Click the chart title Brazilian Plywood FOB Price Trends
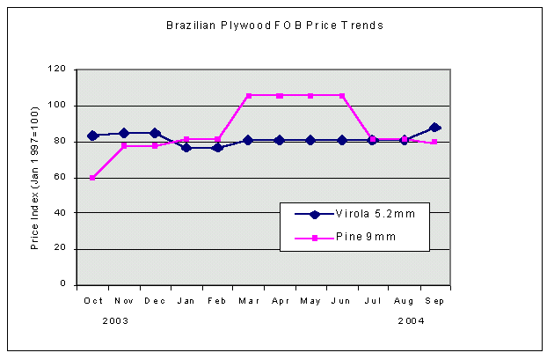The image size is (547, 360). point(273,26)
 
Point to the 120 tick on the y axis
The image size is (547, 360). point(58,69)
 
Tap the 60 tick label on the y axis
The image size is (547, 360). point(61,177)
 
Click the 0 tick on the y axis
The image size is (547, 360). point(63,285)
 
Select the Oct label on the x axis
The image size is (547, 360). point(92,301)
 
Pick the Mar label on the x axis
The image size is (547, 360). point(248,301)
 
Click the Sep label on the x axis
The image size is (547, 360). point(434,301)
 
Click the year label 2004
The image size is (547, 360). point(411,321)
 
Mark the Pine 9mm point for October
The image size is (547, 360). point(92,178)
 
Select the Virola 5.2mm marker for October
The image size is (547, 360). point(92,136)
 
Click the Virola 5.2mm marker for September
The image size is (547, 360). point(434,128)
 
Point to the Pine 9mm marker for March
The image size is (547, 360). point(248,95)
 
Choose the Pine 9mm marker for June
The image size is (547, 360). point(341,95)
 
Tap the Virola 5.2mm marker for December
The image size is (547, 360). point(155,133)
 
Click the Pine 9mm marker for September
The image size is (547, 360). point(434,142)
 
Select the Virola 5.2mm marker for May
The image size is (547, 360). point(310,140)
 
